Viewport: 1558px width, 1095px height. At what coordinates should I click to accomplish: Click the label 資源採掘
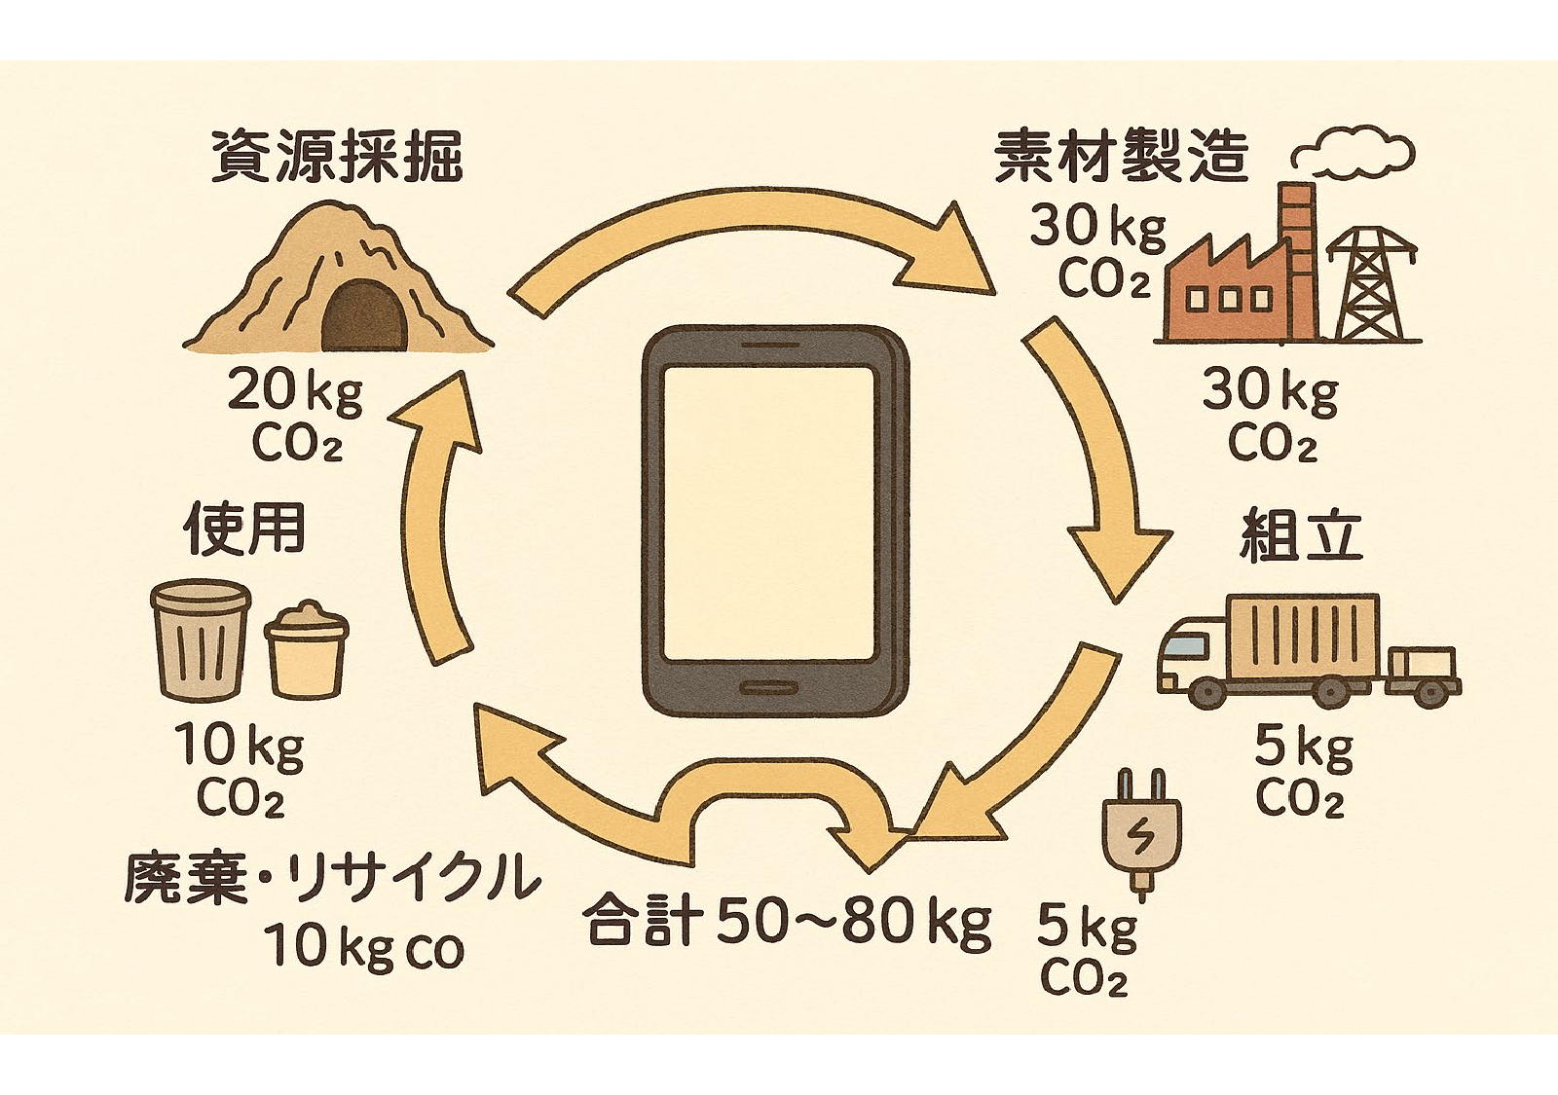[x=336, y=157]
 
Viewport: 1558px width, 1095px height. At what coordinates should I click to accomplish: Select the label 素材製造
[x=1120, y=157]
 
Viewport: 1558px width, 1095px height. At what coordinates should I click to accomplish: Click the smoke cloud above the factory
[x=1354, y=156]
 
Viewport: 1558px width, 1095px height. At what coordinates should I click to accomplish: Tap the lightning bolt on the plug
[x=1140, y=838]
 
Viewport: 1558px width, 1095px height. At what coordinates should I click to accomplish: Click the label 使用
[x=243, y=529]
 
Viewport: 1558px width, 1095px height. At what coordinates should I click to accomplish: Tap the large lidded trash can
[x=202, y=639]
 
